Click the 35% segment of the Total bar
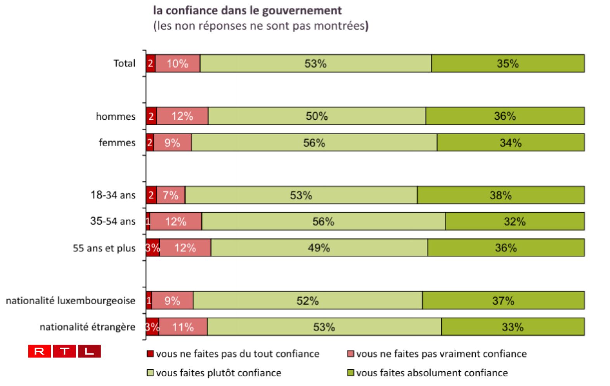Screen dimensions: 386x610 (x=508, y=64)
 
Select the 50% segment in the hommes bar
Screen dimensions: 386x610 (x=317, y=116)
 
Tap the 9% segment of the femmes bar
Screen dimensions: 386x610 (x=172, y=143)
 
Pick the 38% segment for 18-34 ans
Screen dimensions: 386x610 (x=501, y=195)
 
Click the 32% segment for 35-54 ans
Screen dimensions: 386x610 (x=515, y=222)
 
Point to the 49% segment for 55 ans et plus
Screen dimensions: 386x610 (x=319, y=248)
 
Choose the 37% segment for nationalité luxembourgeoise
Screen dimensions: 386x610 (x=503, y=301)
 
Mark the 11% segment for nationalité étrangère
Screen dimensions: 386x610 (x=183, y=327)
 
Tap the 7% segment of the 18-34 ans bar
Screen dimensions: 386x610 (x=170, y=195)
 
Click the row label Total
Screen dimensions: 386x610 (x=124, y=64)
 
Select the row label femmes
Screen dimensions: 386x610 (x=117, y=143)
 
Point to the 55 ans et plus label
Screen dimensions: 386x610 (x=104, y=248)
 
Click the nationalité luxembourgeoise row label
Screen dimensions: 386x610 (x=70, y=301)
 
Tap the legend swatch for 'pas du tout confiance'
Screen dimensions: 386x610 (x=150, y=354)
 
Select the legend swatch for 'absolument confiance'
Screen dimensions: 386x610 (x=350, y=373)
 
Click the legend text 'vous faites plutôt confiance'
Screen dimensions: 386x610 (x=218, y=373)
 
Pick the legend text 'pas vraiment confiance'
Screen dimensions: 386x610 (x=441, y=354)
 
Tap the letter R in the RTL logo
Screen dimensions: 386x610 (x=39, y=351)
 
